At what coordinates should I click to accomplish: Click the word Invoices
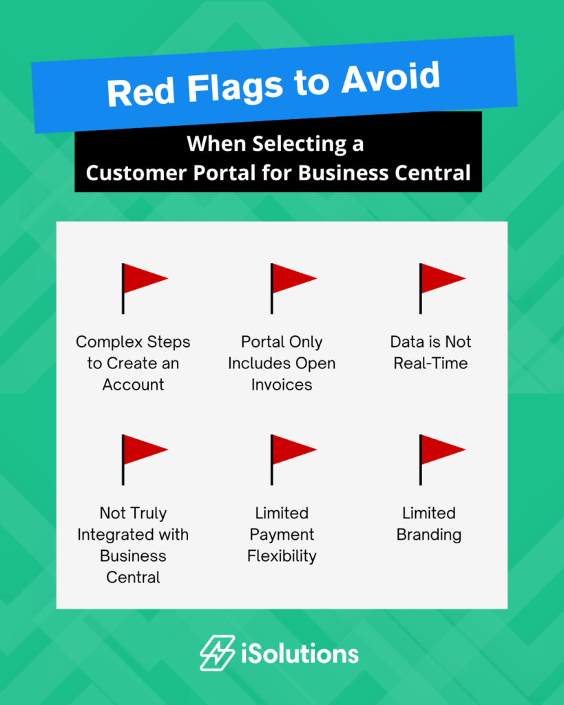[282, 385]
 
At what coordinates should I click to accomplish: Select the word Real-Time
[430, 364]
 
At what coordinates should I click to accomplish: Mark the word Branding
[429, 535]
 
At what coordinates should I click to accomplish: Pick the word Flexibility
[282, 556]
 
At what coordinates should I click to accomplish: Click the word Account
[133, 385]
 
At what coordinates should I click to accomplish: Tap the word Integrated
[133, 535]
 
